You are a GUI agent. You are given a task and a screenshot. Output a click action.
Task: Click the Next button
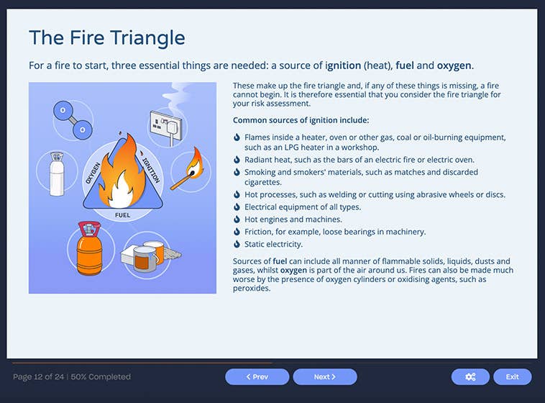pos(324,376)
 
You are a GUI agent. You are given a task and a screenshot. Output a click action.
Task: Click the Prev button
pos(257,376)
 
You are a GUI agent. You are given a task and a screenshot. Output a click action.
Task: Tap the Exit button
pos(512,376)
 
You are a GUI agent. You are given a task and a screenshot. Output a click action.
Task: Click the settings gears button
pos(470,376)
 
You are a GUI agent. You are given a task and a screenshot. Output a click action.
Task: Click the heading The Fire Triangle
pos(106,37)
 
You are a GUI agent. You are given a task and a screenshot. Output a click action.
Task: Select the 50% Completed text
pos(102,376)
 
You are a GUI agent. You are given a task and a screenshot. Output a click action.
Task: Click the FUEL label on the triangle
pos(123,214)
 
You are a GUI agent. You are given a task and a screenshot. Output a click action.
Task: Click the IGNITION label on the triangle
pos(152,170)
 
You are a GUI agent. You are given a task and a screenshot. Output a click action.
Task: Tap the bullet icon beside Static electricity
pos(237,245)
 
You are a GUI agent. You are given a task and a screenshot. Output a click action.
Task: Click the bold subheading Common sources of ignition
pos(301,120)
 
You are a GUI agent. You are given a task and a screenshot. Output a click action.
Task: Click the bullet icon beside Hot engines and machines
pos(237,219)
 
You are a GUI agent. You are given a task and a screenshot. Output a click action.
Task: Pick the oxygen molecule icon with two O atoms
pos(73,119)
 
